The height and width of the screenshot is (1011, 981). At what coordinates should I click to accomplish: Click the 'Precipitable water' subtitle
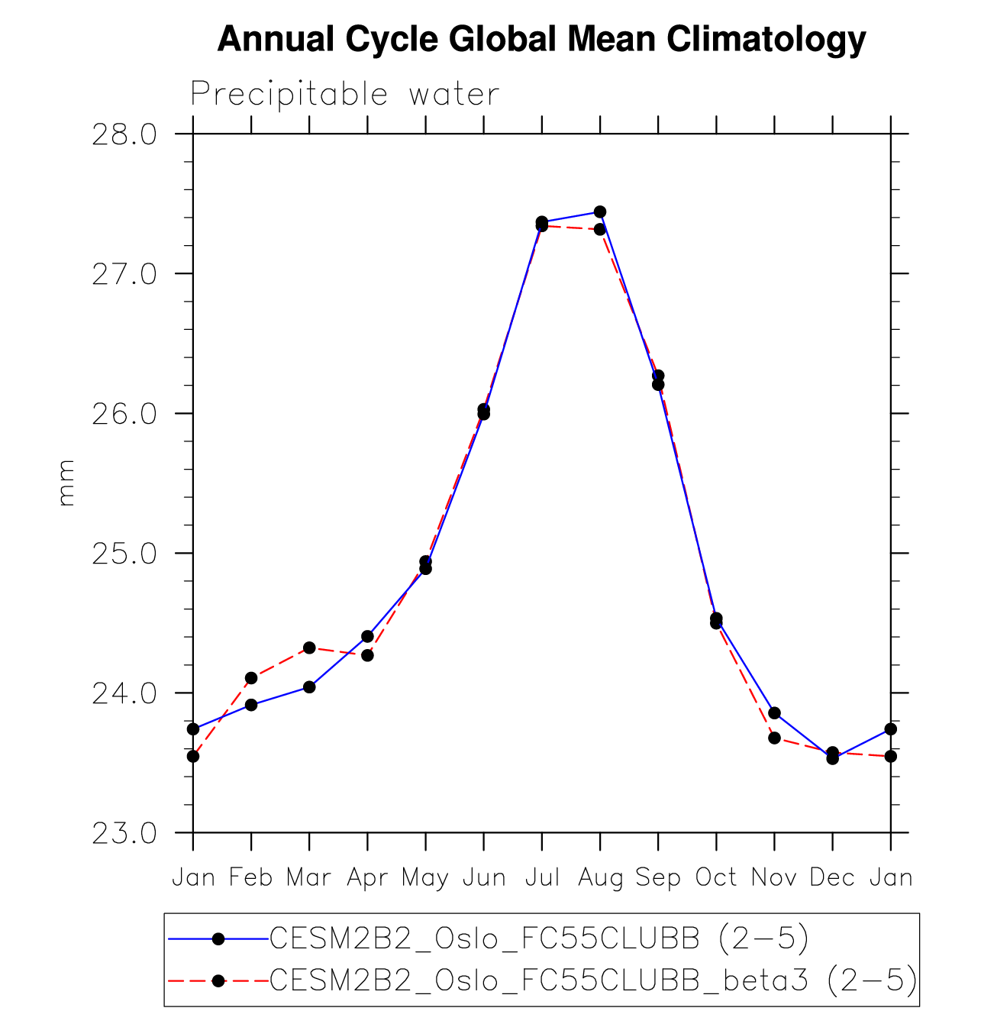[344, 95]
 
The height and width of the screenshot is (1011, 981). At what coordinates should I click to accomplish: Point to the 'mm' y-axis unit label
[66, 483]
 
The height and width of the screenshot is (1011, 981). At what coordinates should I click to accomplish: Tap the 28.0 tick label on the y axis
[124, 135]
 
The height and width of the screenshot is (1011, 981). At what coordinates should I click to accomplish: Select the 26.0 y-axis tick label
[124, 415]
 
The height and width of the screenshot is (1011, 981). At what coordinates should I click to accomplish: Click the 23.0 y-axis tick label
[124, 834]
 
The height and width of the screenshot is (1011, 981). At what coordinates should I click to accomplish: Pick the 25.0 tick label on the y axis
[124, 554]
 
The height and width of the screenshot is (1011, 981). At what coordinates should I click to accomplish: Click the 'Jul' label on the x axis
[542, 878]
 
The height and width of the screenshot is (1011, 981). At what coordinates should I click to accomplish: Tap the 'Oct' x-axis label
[716, 878]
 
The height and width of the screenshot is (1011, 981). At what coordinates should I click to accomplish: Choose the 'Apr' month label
[367, 878]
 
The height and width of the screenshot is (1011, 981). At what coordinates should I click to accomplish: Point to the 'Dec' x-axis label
[832, 878]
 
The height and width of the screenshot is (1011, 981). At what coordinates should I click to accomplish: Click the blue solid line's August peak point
[600, 212]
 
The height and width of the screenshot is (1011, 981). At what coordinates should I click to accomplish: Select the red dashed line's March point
[309, 648]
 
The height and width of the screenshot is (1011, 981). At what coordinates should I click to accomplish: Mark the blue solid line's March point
[309, 687]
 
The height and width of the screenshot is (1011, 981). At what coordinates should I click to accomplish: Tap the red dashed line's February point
[251, 677]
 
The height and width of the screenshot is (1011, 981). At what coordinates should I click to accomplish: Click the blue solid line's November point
[774, 712]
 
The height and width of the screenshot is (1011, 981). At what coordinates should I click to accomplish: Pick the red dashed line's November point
[774, 738]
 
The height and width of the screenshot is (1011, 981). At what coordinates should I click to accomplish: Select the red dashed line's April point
[367, 655]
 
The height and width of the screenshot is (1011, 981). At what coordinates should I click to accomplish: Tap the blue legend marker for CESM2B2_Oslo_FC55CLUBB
[218, 938]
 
